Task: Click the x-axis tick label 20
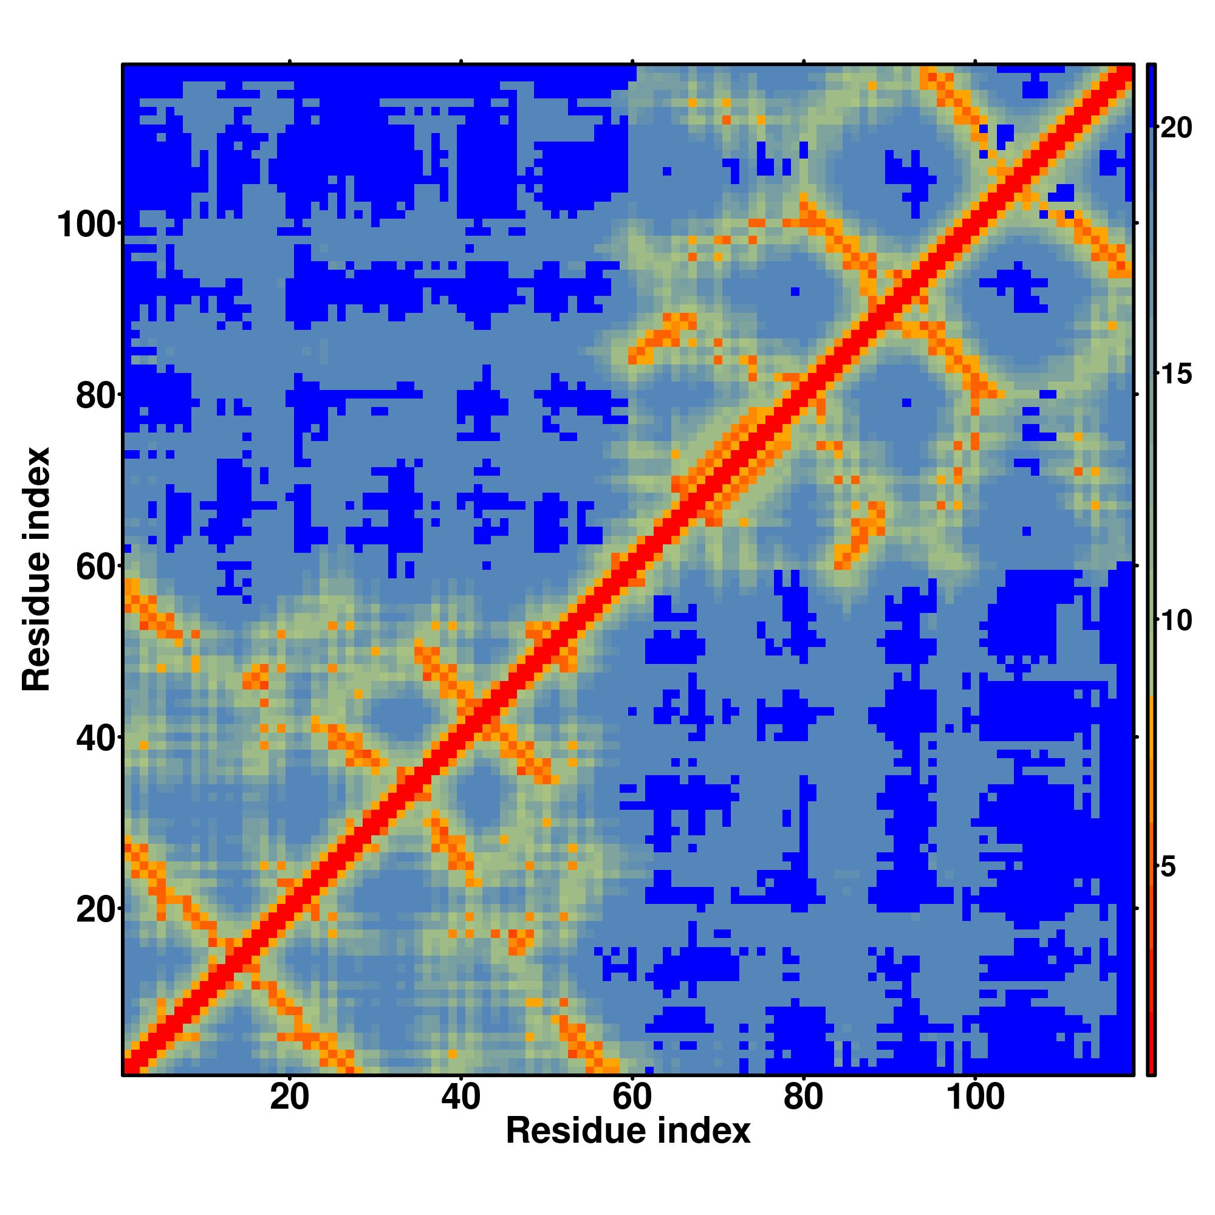289,1098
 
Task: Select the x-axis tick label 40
461,1098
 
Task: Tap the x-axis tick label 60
632,1098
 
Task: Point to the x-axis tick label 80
804,1098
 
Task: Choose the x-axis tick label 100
975,1098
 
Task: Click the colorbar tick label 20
1176,128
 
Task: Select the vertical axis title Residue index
36,569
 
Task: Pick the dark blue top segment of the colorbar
1151,94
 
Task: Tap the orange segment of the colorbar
1151,755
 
